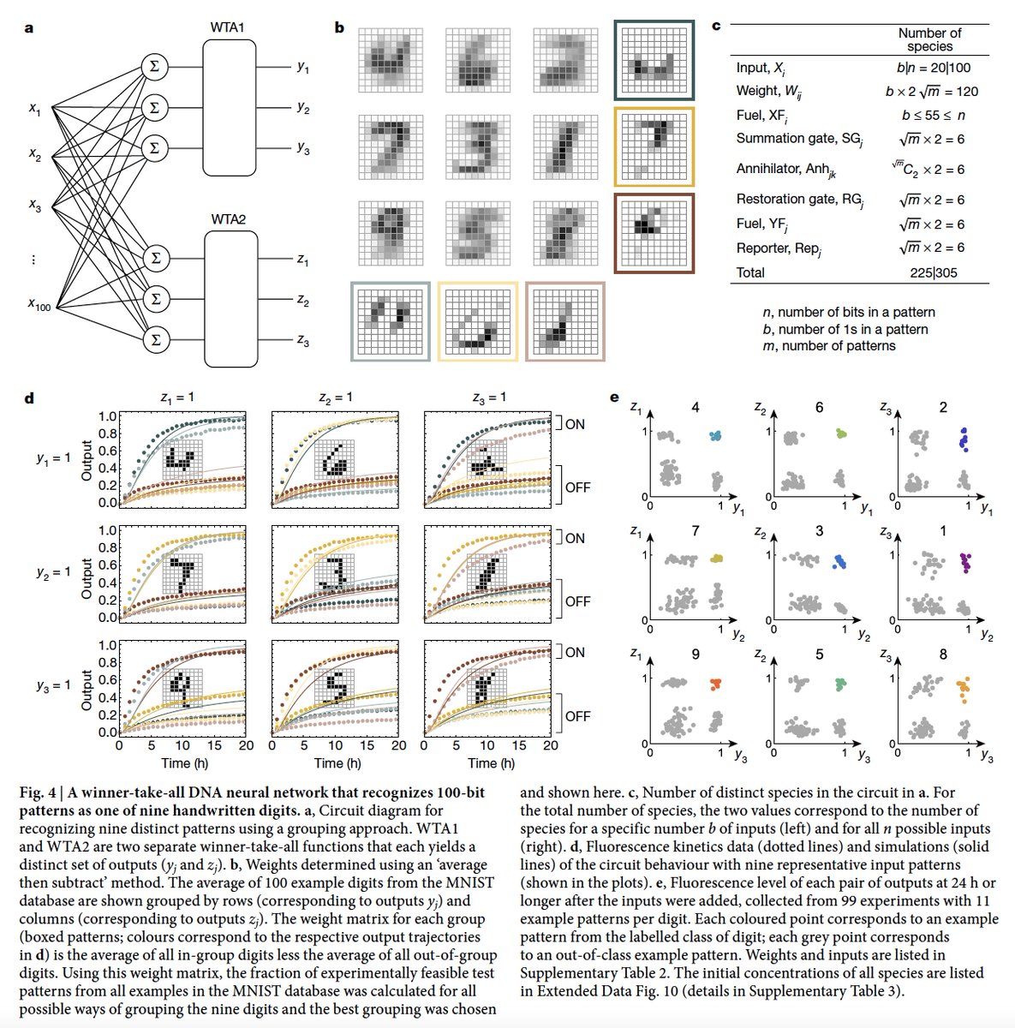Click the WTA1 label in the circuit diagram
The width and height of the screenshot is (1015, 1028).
[x=227, y=28]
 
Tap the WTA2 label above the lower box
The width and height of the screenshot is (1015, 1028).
[x=228, y=220]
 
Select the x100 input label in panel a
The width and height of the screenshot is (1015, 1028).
[x=39, y=304]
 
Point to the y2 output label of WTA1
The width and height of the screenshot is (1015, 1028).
[x=303, y=108]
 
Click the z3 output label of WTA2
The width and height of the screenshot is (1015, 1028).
[x=303, y=341]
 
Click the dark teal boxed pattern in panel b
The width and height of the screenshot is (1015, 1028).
[x=654, y=61]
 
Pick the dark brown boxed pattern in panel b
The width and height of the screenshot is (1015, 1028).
[x=654, y=232]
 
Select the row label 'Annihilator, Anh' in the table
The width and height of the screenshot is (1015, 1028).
[x=785, y=170]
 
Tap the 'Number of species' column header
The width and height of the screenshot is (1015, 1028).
[x=929, y=39]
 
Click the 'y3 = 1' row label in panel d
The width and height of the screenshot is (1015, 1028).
[x=53, y=686]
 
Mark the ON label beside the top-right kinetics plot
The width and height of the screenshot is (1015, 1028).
[x=575, y=424]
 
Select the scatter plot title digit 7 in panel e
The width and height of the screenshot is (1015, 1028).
[x=695, y=531]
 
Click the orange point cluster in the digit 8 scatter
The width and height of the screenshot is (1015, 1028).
[x=964, y=689]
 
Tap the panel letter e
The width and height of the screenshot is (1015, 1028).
[x=614, y=397]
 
